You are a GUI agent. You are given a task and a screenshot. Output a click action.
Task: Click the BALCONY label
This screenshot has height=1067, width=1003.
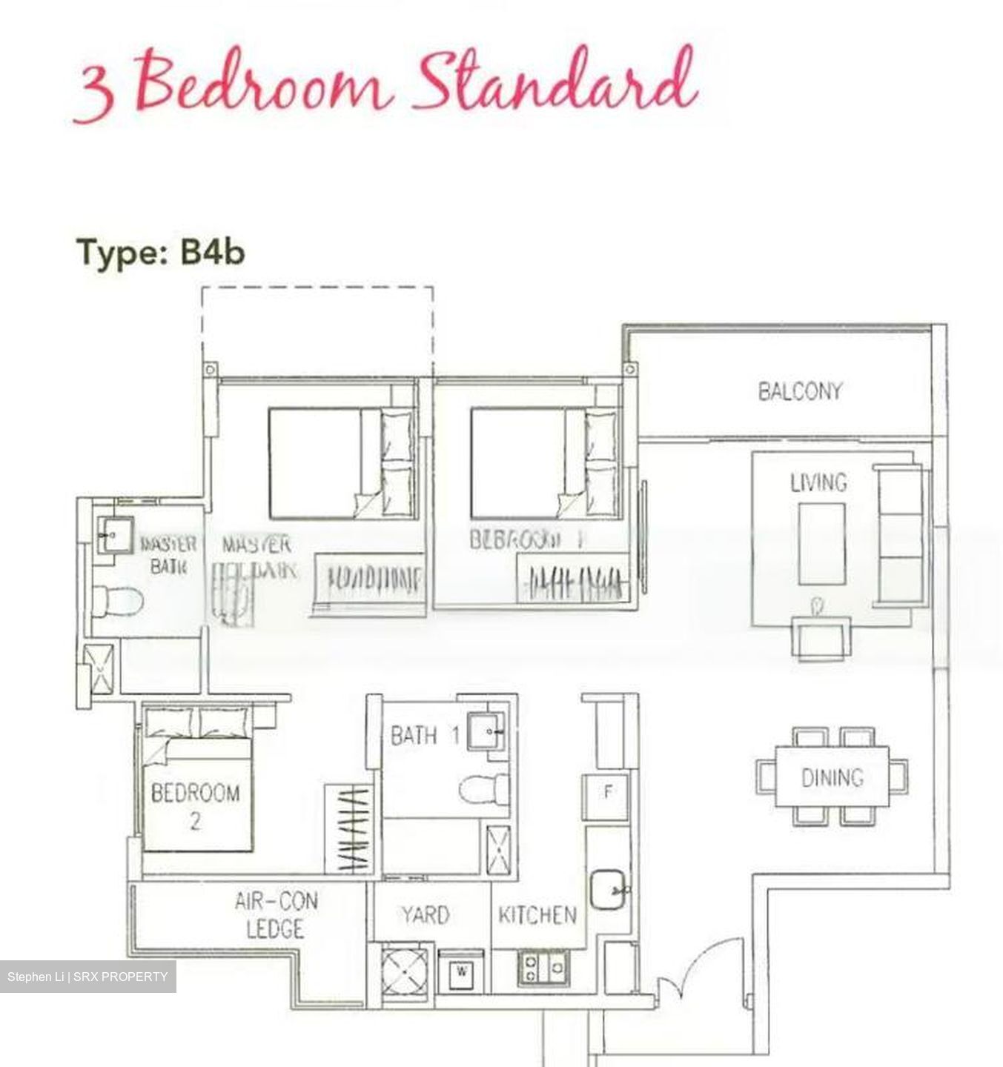tap(799, 390)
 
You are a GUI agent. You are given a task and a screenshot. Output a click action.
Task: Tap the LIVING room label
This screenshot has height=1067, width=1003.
tap(818, 482)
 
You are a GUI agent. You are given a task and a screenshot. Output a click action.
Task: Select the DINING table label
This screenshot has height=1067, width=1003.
tap(832, 777)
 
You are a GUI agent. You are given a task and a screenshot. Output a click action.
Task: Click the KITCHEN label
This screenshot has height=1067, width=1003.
tap(537, 915)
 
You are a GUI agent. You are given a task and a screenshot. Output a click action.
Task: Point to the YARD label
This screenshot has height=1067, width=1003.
tap(425, 915)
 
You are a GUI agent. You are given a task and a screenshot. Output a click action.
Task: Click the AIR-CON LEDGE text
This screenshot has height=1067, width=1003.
tap(275, 915)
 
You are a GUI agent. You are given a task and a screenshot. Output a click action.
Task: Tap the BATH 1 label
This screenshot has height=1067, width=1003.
tap(425, 736)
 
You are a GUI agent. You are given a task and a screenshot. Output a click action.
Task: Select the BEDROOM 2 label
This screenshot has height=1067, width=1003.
tap(195, 806)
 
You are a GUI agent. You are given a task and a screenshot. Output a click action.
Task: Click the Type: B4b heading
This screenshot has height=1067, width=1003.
tap(160, 253)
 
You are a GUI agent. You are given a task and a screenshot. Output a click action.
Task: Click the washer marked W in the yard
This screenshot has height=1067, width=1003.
tap(461, 971)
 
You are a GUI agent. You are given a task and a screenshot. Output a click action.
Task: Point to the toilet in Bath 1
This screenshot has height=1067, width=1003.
tap(483, 788)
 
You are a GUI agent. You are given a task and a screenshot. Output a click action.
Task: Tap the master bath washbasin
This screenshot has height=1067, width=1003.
tap(116, 534)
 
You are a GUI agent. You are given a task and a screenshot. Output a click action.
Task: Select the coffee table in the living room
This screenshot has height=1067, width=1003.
tap(821, 543)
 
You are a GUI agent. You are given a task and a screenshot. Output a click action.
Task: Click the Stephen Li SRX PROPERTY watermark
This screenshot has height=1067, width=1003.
tap(87, 977)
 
